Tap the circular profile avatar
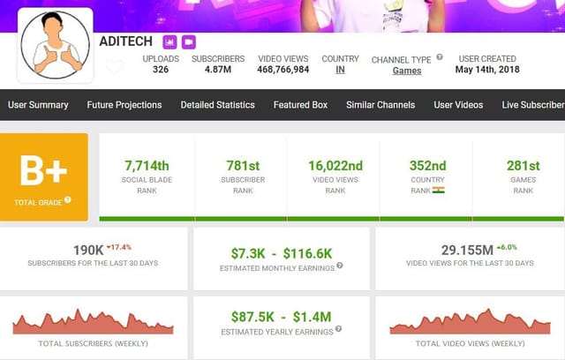(x=56, y=43)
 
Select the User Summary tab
(x=38, y=105)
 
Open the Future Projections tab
(x=124, y=105)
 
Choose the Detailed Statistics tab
(x=218, y=105)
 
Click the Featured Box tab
(x=300, y=105)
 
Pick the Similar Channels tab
(x=380, y=105)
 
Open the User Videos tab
(x=458, y=105)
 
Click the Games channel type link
(x=407, y=71)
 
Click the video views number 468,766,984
(x=283, y=70)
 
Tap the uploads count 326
(x=160, y=70)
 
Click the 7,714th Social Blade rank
(x=147, y=165)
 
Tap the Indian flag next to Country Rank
(x=439, y=190)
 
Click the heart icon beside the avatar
(x=114, y=67)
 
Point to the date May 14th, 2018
(x=487, y=70)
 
